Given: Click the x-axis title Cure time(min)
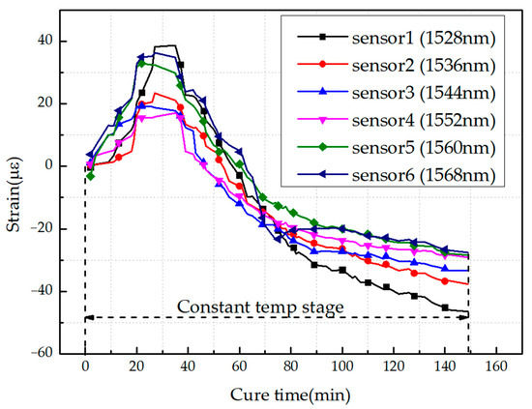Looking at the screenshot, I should (x=289, y=394).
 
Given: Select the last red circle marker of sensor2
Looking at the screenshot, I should (x=445, y=280).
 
